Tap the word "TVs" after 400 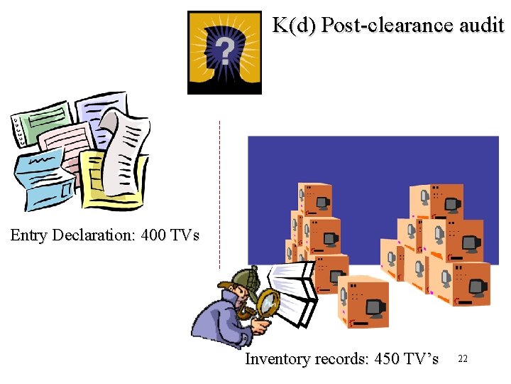tap(187, 235)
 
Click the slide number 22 tap(463, 359)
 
